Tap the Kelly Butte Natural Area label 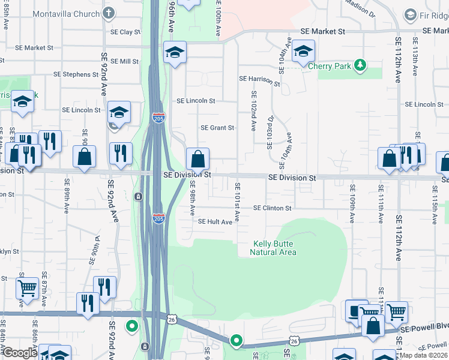point(273,248)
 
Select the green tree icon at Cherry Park point(360,64)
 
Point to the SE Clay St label point(125,32)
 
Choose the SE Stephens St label point(76,74)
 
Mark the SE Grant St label point(217,128)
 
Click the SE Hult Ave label point(215,222)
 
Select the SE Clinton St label point(272,208)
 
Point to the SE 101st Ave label point(238,202)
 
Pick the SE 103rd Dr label point(271,132)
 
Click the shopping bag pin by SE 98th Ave point(197,159)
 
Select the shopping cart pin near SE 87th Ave point(28,288)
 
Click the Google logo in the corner point(20,352)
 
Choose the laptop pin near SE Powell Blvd point(357,310)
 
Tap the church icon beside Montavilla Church point(109,13)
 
